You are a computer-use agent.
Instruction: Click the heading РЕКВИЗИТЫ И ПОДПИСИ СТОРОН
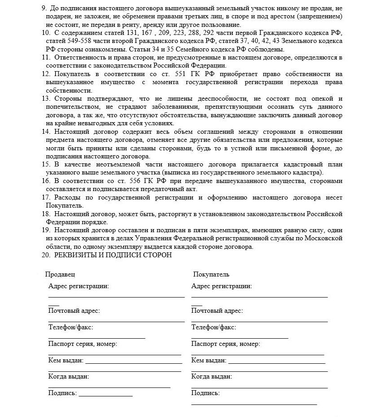click(x=113, y=255)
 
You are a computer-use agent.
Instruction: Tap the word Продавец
click(x=60, y=274)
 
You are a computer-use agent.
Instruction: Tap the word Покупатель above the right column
click(x=211, y=274)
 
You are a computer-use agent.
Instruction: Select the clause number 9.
click(x=43, y=8)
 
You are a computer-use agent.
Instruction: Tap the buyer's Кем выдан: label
click(x=208, y=360)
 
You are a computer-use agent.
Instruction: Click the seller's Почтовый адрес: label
click(x=74, y=311)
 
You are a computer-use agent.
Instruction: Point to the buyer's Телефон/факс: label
click(x=213, y=328)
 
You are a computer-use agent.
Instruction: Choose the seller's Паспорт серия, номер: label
click(x=82, y=344)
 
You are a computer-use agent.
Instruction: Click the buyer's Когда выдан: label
click(x=212, y=377)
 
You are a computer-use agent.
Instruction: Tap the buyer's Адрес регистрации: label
click(x=221, y=286)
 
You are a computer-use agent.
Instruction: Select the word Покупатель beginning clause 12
click(x=71, y=74)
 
